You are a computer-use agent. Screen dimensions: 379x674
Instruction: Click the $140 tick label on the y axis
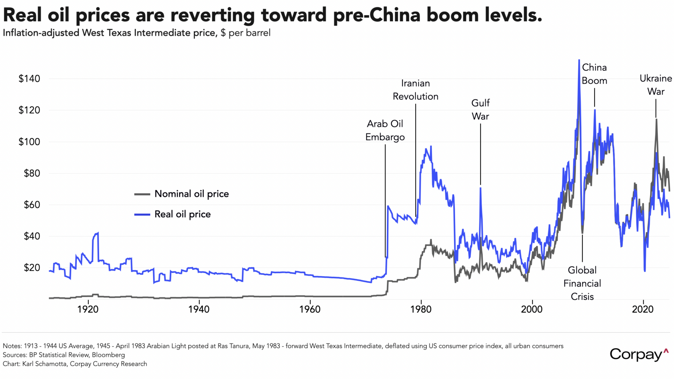(29, 79)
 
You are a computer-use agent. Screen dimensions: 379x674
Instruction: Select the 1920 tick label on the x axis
(88, 309)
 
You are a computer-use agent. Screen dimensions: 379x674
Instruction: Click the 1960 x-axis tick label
(310, 309)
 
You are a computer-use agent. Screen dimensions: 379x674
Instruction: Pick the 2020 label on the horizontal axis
(643, 309)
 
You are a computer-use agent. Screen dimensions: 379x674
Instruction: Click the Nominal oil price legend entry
(192, 194)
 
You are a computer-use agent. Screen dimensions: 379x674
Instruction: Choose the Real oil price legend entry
(183, 215)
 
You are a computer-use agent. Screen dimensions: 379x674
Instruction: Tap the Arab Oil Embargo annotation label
(385, 130)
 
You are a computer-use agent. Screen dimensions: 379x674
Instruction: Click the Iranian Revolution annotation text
(415, 90)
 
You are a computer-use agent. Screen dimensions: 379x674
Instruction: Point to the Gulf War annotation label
(481, 110)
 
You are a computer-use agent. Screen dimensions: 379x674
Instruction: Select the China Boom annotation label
(594, 74)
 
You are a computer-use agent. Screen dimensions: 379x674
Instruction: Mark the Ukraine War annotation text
(656, 85)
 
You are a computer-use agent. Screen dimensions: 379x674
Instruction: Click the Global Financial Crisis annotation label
(582, 283)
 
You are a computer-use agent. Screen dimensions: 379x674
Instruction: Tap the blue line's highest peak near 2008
(579, 60)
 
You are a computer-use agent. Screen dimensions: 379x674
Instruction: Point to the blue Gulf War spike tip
(481, 187)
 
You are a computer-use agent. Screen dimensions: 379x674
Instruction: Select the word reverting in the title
(212, 15)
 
